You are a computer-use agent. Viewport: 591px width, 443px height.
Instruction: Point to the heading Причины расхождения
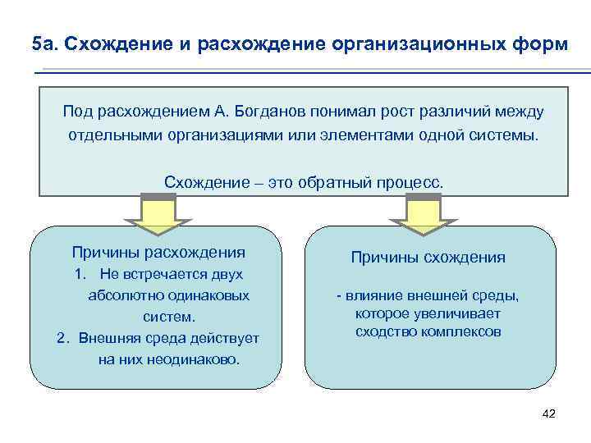click(158, 252)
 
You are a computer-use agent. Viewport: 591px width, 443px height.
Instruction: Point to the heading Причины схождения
click(428, 258)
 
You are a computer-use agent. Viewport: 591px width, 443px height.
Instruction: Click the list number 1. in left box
click(80, 275)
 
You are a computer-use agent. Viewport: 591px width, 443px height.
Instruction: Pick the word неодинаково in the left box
click(195, 359)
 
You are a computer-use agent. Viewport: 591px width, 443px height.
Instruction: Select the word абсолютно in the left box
click(119, 295)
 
